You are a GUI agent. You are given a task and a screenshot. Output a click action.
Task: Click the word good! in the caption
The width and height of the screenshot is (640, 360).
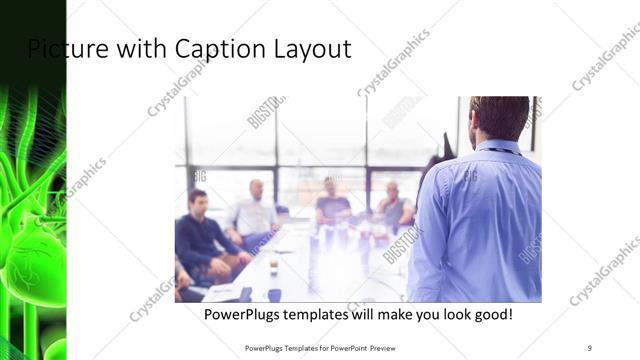point(489,314)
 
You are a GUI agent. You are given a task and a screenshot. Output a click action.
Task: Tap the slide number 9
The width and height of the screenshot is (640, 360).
point(589,347)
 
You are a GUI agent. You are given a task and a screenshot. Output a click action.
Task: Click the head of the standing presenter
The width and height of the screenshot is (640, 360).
point(497,118)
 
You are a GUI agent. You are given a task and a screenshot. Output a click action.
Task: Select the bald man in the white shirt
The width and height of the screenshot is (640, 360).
point(255,212)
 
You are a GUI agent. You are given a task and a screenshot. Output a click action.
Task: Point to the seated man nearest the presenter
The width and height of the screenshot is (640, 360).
point(393,206)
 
